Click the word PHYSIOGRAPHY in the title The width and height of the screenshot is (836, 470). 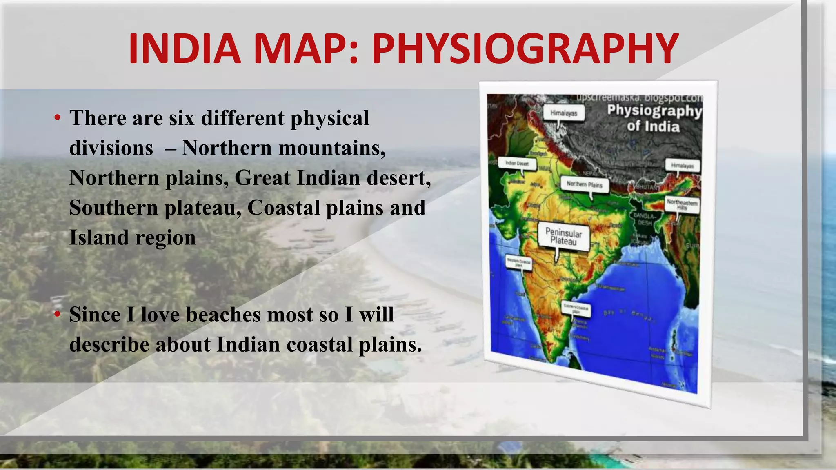click(525, 49)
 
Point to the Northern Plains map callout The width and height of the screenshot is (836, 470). click(584, 184)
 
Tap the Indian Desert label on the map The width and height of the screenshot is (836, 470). click(517, 163)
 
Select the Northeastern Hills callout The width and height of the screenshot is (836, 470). click(682, 204)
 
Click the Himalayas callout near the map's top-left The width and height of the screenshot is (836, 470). click(564, 113)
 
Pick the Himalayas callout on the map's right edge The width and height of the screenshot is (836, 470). click(682, 166)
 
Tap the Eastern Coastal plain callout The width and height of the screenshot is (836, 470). click(576, 309)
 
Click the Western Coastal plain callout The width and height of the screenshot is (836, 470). click(518, 262)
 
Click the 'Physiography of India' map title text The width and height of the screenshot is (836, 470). click(654, 118)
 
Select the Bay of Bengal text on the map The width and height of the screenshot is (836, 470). click(629, 315)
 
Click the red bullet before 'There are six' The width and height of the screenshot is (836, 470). click(58, 118)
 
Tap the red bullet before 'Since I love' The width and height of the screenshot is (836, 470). click(58, 314)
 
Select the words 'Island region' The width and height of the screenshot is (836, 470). click(132, 237)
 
